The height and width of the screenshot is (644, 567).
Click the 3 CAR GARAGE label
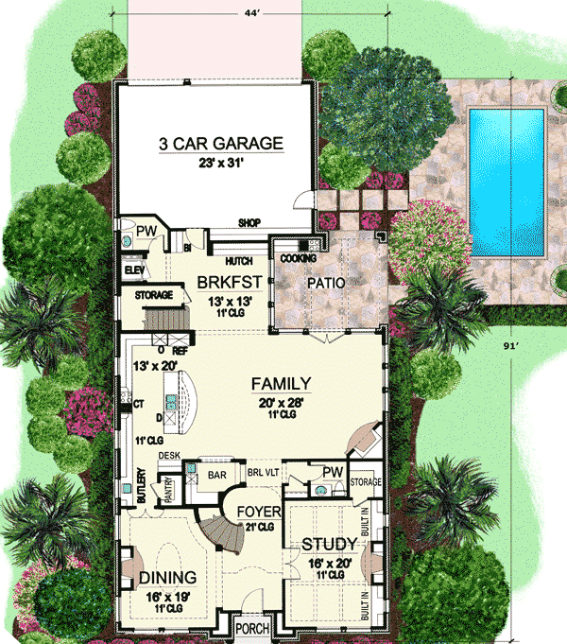[x=220, y=145]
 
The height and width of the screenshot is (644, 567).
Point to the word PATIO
[x=324, y=283]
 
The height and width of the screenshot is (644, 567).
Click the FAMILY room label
[x=281, y=384]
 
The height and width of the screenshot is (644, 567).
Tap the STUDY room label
[x=329, y=545]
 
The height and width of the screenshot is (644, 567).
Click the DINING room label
[x=167, y=577]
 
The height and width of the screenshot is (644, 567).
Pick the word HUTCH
[x=238, y=260]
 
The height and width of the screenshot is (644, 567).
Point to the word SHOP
[x=249, y=223]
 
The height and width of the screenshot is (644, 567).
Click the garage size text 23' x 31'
[x=220, y=163]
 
